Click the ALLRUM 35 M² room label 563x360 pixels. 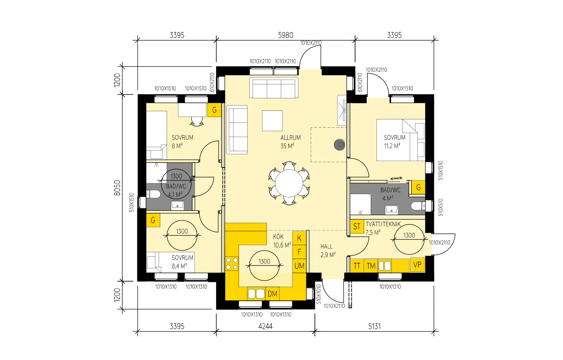290,142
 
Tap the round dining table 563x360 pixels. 289,183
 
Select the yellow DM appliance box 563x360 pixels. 272,294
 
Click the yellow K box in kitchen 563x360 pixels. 299,238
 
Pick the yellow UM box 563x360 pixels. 299,266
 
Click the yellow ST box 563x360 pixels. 357,226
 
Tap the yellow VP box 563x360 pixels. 417,265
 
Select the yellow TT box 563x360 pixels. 357,266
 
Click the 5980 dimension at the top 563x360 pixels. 285,35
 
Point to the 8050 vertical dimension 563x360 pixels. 117,187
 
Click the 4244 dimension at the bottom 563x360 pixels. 265,326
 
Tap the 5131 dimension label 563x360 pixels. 374,326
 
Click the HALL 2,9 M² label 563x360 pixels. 327,250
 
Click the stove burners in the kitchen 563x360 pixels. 232,263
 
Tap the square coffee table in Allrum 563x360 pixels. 272,121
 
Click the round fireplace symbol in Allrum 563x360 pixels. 340,144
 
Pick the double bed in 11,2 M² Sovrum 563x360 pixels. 400,140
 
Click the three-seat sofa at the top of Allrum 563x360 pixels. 274,88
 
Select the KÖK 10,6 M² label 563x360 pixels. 281,241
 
